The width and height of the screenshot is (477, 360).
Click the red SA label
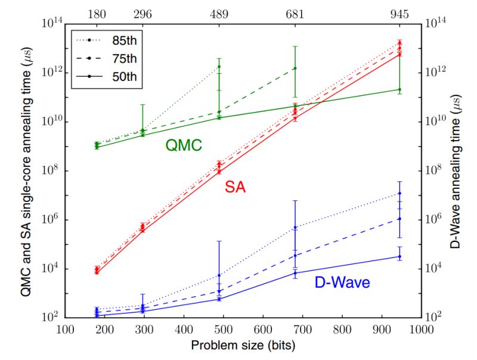pos(236,188)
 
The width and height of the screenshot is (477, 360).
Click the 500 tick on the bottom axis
pos(223,328)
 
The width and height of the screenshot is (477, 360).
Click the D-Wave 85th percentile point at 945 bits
pos(399,193)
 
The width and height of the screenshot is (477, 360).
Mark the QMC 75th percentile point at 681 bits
pos(295,69)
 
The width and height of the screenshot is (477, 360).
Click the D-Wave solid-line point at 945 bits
pos(399,256)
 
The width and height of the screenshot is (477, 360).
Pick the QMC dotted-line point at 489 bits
pos(219,66)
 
